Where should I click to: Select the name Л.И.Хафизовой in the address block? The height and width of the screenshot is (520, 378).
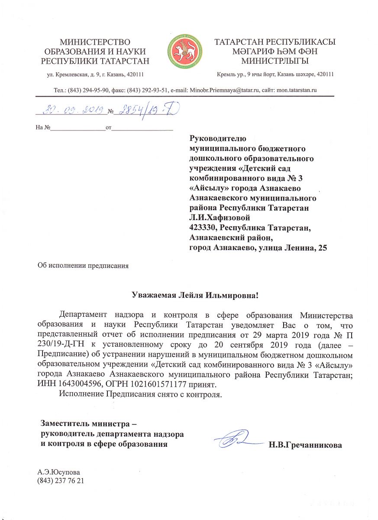tap(220, 218)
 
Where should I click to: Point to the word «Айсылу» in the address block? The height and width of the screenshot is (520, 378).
tap(206, 187)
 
